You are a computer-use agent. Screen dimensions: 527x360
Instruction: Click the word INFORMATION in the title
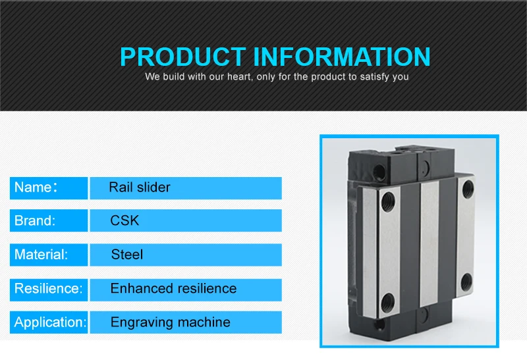(x=342, y=57)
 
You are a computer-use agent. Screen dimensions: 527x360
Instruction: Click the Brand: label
(x=35, y=221)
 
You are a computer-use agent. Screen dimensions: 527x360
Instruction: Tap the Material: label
(x=41, y=255)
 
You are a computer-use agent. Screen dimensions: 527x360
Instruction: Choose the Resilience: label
(x=48, y=288)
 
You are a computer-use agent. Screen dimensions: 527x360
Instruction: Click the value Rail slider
(x=140, y=188)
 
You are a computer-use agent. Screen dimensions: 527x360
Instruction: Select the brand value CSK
(x=125, y=221)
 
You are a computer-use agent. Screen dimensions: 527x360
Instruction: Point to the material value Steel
(x=126, y=255)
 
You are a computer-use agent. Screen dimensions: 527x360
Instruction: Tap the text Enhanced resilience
(x=173, y=288)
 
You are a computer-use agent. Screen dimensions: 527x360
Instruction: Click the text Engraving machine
(x=170, y=322)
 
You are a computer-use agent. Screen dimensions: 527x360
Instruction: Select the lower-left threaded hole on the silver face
(x=387, y=301)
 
